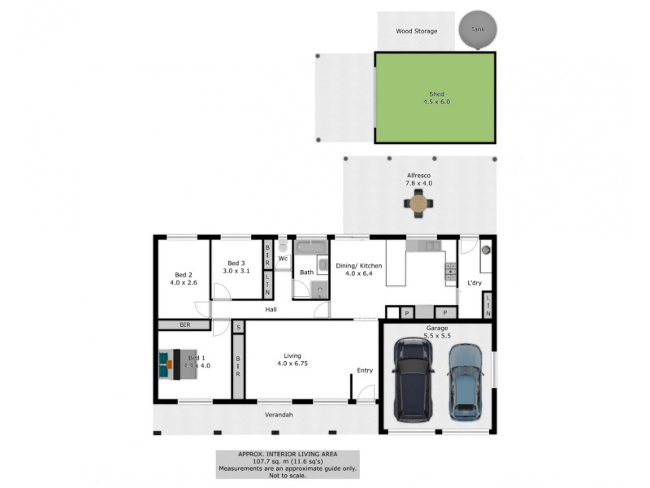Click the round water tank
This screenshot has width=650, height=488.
coord(477,30)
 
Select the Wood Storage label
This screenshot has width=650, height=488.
coord(416,32)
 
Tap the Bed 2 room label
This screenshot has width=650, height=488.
coord(183,278)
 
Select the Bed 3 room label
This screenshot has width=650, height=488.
coord(236,267)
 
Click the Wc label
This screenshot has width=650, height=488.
coord(283,259)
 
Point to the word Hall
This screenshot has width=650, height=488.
coord(271,309)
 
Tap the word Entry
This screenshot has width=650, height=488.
coord(365,371)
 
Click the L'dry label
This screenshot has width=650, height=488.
coord(474,283)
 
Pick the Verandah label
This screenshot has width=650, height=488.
coord(278,416)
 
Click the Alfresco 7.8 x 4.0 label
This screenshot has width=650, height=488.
coord(419,179)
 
